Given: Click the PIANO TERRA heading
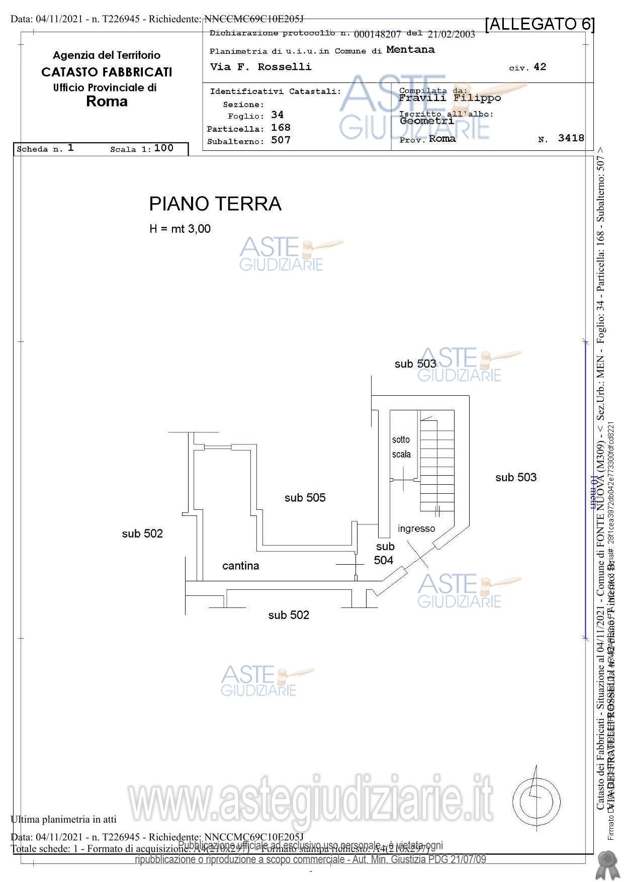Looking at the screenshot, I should pos(215,204).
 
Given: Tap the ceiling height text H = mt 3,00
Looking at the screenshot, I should pos(180,229).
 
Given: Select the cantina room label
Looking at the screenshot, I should pos(240,566).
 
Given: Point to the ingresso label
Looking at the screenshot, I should pos(416,528).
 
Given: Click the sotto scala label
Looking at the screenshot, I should pos(401,447).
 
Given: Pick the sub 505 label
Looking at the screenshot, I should pos(305,498).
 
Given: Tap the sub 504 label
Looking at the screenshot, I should pos(384,553).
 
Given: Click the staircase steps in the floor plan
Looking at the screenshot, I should pos(437,465).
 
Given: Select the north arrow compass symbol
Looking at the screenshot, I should pos(537,802).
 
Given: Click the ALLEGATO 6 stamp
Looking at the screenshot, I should pos(540,24).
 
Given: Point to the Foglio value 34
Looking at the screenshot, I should pos(277,115).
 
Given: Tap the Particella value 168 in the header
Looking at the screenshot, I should pos(281,128).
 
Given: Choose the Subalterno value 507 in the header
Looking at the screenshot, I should pos(281,140).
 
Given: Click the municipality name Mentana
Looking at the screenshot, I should pos(410,50).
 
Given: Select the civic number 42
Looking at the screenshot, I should pos(540,67).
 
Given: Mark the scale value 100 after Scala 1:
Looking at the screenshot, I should pos(163,148).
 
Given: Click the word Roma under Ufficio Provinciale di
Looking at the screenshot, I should pos(107,102).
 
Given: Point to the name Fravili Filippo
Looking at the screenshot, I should pos(450,98).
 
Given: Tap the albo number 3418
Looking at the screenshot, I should pos(571,138).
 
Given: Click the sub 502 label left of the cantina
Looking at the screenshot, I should pos(142,534).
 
